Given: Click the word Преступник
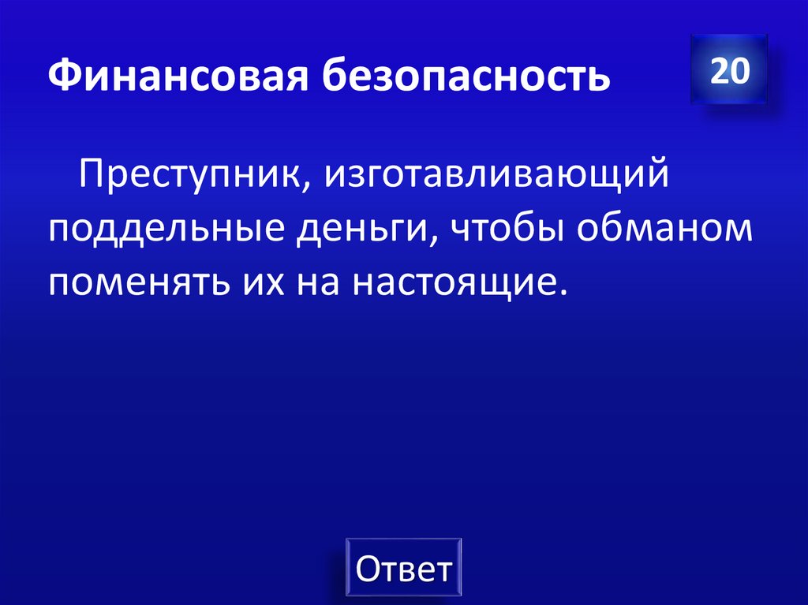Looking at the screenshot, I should [185, 173].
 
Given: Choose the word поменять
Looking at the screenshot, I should [135, 282].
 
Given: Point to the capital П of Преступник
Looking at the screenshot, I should [90, 172].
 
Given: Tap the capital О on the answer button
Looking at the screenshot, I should [369, 570].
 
